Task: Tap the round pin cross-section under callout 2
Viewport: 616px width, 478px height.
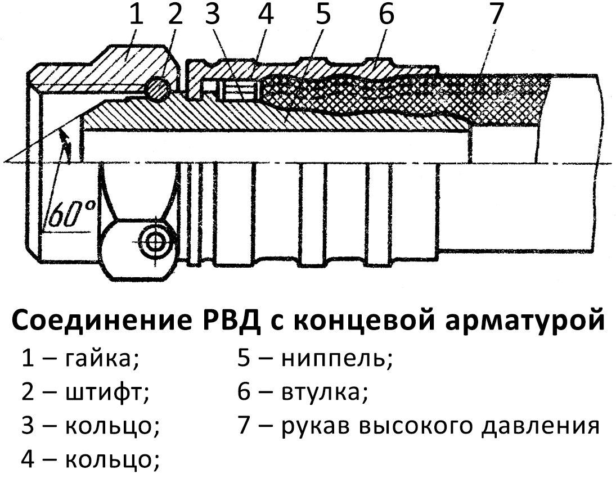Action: (x=157, y=88)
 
